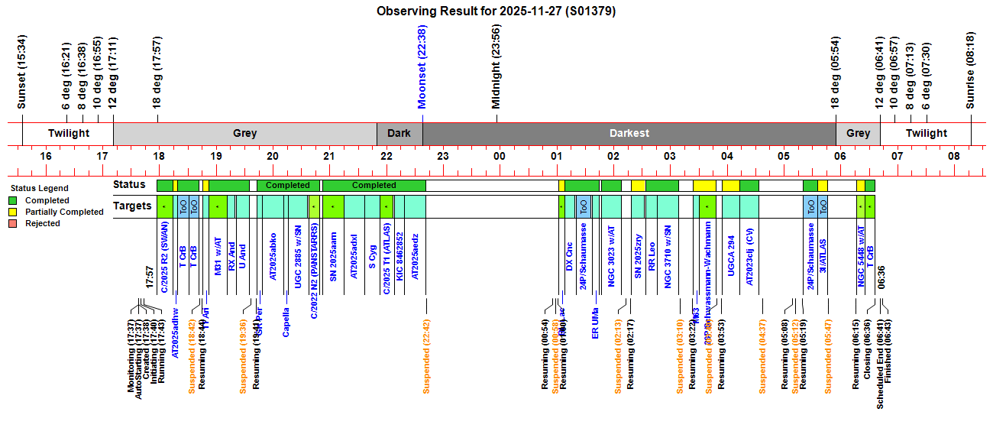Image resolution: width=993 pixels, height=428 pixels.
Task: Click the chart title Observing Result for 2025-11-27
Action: point(496,11)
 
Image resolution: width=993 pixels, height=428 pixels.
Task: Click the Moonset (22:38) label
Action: point(422,66)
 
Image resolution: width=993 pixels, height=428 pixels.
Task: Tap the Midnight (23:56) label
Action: point(496,66)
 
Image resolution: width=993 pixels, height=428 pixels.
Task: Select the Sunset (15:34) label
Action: point(22,72)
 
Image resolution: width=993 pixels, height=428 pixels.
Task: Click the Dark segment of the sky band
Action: point(399,133)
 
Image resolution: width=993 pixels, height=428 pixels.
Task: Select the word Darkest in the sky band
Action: point(629,133)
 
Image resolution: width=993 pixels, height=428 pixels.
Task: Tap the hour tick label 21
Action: point(329,157)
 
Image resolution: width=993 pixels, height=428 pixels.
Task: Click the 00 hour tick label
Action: point(500,157)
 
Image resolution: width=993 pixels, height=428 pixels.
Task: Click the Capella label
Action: point(286,322)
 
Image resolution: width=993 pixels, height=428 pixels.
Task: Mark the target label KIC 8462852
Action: point(399,261)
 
